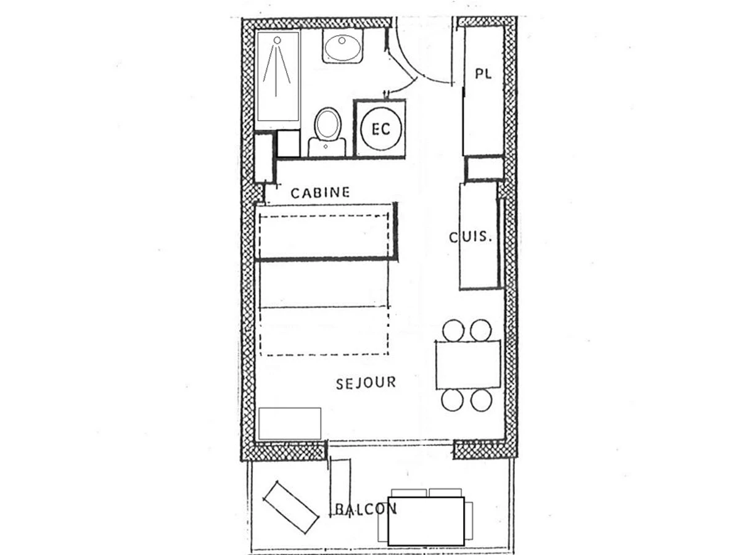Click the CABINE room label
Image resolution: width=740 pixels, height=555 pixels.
[320, 192]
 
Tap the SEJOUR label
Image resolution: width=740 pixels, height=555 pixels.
[366, 384]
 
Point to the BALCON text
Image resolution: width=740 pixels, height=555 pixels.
[365, 509]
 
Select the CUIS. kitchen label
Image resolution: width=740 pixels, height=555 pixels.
[471, 237]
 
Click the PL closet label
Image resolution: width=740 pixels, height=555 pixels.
[483, 74]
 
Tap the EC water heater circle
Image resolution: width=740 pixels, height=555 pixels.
[380, 129]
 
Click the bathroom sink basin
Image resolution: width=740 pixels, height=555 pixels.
[342, 47]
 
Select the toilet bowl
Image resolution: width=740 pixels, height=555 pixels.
[327, 125]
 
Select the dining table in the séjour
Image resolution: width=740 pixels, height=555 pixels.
[468, 364]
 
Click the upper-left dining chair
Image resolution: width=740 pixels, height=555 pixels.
[454, 330]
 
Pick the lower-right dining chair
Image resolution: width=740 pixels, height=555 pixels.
[481, 401]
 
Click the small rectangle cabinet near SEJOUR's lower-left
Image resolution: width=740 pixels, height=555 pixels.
[290, 423]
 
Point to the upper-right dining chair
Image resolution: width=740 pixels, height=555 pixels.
[481, 330]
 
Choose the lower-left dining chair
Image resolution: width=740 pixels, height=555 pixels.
[453, 401]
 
